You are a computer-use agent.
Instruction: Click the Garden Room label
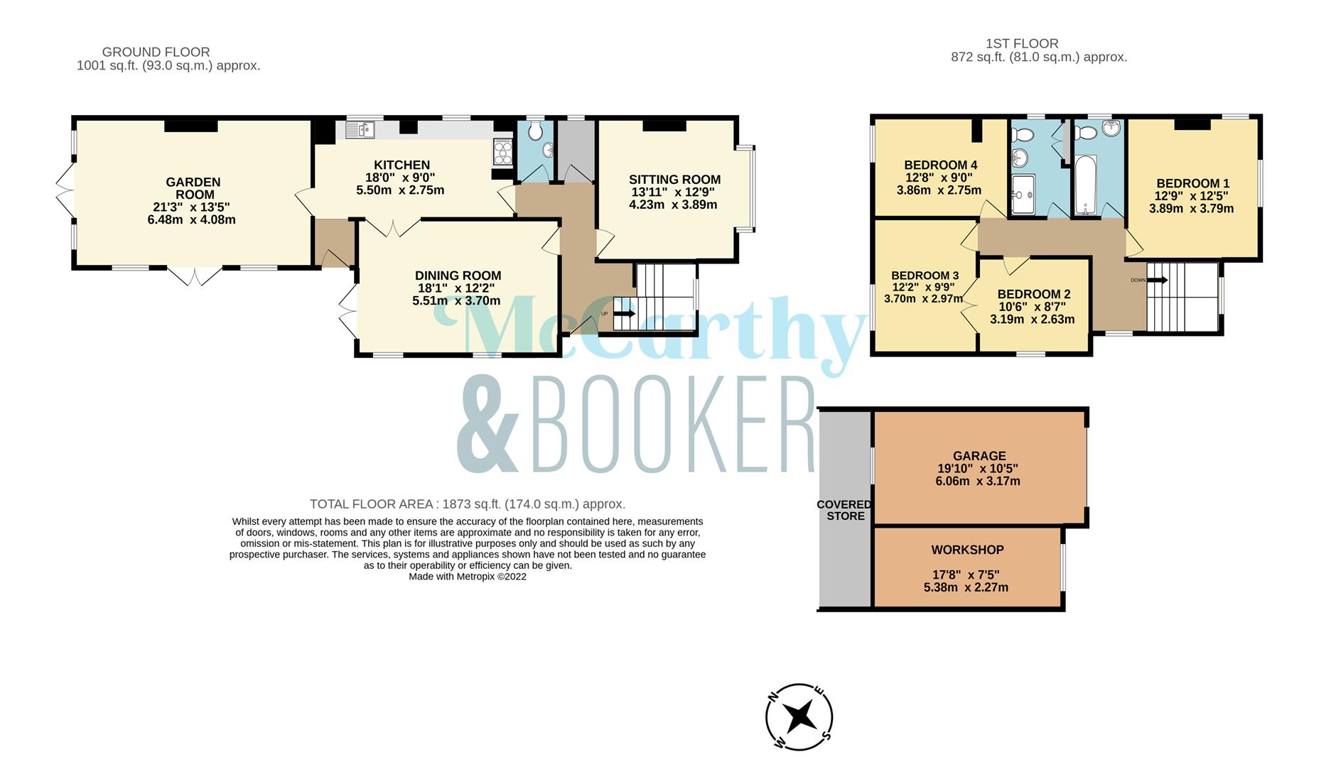pos(193,188)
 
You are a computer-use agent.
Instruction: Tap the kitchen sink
pos(360,129)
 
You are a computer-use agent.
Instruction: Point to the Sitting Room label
pos(674,180)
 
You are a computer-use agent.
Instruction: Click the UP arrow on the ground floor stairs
pos(625,313)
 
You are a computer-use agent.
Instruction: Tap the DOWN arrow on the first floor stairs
pos(1157,280)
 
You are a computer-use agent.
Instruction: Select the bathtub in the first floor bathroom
pos(1086,185)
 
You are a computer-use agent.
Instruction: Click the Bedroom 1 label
pos(1192,183)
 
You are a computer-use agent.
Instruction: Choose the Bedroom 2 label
pos(1033,294)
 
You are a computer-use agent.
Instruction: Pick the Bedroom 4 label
pos(940,165)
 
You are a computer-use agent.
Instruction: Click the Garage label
pos(979,456)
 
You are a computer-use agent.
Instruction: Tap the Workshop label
pos(967,550)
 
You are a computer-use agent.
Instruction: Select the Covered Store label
pos(844,510)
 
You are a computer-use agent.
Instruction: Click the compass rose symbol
pos(799,717)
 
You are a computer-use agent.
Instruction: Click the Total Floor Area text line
pos(468,504)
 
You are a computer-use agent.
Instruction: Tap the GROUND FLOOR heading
pos(156,52)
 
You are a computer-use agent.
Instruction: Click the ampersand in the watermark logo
pos(489,425)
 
